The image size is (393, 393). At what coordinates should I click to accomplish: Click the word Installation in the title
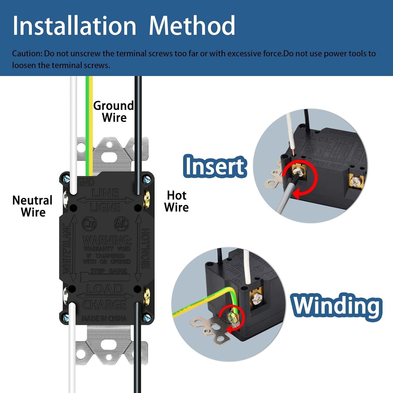74,26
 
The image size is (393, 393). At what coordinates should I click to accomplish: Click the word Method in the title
192,26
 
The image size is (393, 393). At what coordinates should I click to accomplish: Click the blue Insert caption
215,166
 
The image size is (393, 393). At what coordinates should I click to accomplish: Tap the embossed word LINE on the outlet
105,193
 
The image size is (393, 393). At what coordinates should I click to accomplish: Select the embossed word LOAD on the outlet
105,289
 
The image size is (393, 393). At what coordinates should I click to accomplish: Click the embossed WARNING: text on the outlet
107,240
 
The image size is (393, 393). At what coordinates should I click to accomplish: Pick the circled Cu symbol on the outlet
90,224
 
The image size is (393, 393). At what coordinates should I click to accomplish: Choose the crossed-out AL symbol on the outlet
122,224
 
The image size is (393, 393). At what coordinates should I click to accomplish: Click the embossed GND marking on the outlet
86,182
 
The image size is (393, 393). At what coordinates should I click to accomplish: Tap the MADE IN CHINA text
104,319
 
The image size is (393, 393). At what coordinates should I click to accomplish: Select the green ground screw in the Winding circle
232,316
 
